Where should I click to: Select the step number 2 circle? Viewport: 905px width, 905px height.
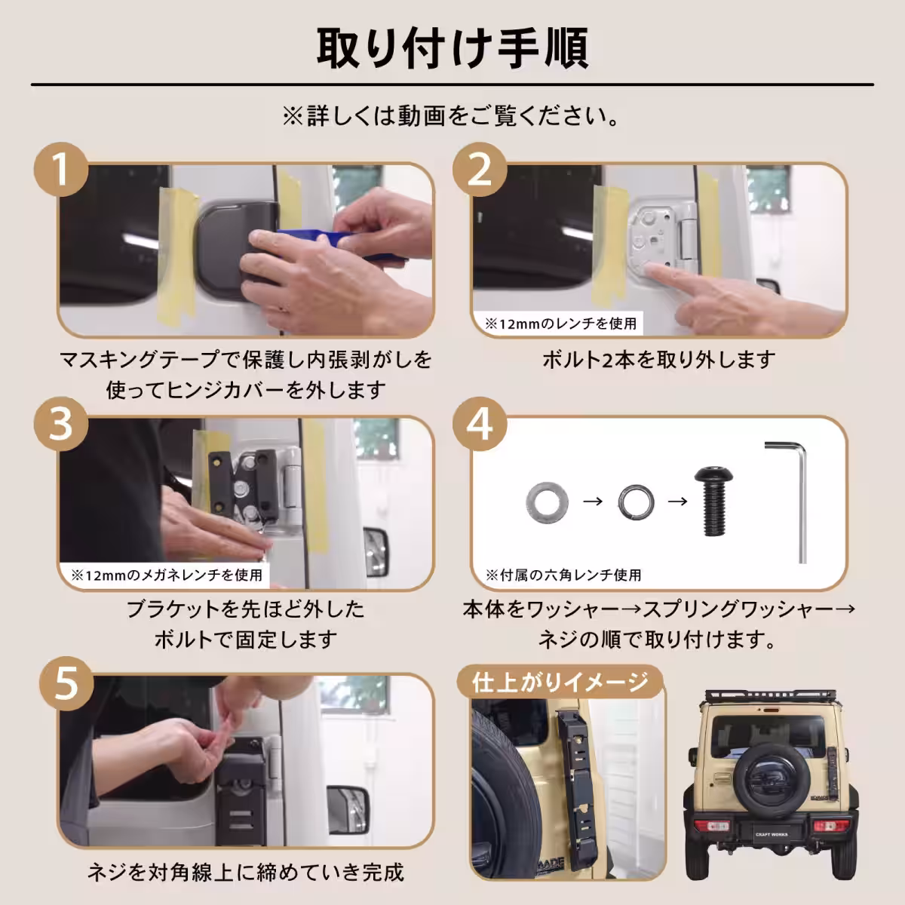click(x=480, y=169)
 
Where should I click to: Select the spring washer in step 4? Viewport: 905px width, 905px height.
click(x=637, y=501)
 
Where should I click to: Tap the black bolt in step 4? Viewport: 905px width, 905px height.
click(x=712, y=501)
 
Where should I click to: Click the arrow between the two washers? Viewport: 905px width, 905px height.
click(x=593, y=501)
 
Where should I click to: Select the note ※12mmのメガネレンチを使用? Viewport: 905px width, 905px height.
click(x=167, y=575)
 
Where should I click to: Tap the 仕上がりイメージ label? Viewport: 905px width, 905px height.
click(x=560, y=682)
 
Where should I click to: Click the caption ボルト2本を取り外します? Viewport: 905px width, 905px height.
click(x=658, y=360)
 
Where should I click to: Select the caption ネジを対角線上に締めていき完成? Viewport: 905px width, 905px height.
click(x=246, y=873)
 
